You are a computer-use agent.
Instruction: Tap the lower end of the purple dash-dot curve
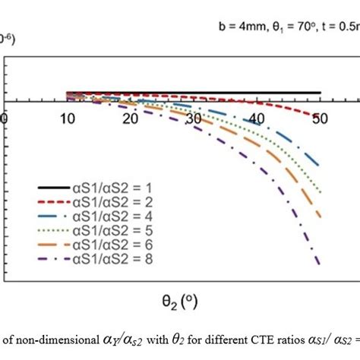tap(318, 264)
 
